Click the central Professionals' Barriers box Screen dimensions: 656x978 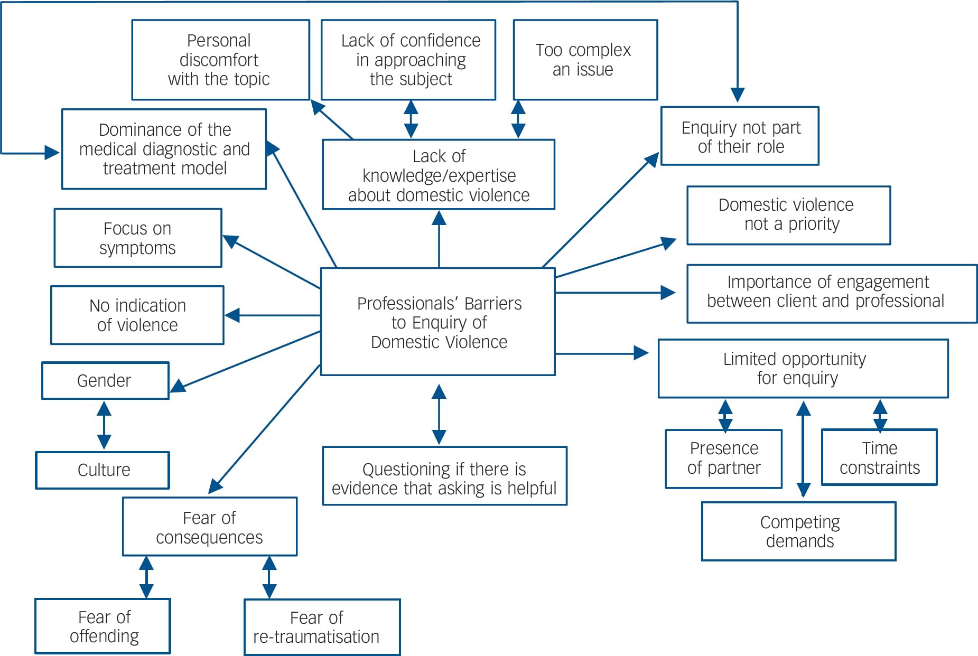(x=438, y=322)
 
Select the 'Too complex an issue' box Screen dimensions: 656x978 (x=585, y=60)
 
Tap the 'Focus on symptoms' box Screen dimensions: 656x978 (x=137, y=238)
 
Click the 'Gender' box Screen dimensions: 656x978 (x=105, y=380)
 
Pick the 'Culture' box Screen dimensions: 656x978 (x=103, y=470)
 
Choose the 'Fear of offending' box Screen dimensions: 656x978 (x=103, y=626)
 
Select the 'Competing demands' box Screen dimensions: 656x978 (x=798, y=531)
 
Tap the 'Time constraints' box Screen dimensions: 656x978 (x=879, y=457)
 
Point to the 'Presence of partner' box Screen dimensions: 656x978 (x=723, y=458)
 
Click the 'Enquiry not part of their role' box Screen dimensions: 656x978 (x=740, y=136)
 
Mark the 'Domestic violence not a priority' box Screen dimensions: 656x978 (x=788, y=214)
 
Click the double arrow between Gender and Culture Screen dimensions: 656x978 (x=104, y=425)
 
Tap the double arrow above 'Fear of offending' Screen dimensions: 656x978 (x=146, y=577)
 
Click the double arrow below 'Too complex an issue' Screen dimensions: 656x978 (x=518, y=119)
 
